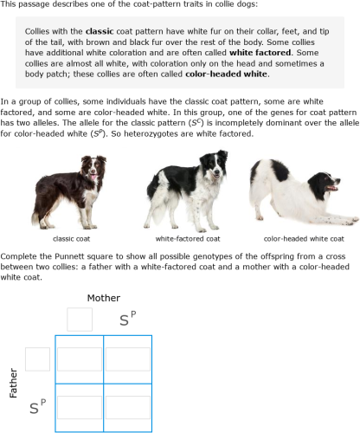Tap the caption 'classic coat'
[x=73, y=238]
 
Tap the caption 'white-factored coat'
[x=188, y=238]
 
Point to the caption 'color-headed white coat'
[x=304, y=238]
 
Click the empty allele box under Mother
[x=80, y=319]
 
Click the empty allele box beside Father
[x=38, y=359]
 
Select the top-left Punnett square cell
[x=80, y=359]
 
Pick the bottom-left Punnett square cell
[x=80, y=406]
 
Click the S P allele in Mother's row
[x=129, y=321]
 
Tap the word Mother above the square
[x=104, y=298]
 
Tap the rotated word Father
[x=12, y=382]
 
